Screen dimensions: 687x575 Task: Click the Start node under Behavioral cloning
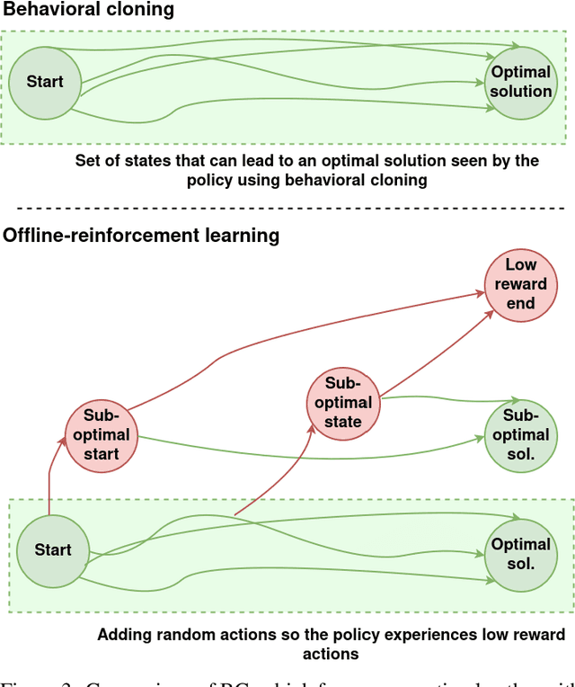(44, 82)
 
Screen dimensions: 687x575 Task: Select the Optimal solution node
(520, 82)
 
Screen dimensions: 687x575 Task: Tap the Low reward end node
(520, 284)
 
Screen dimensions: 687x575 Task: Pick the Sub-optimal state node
(343, 402)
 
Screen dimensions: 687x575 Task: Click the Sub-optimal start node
(107, 434)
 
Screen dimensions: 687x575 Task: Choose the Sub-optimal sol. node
(520, 434)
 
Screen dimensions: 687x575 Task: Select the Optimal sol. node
(520, 554)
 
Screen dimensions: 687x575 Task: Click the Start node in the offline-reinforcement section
(52, 549)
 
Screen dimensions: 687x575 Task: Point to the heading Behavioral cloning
(89, 11)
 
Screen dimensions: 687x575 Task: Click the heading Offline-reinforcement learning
(141, 236)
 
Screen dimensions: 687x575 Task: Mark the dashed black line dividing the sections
(287, 208)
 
